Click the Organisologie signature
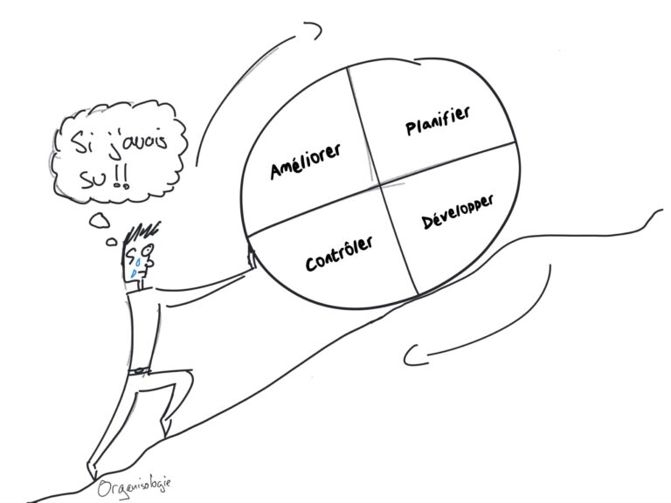[x=135, y=485]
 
